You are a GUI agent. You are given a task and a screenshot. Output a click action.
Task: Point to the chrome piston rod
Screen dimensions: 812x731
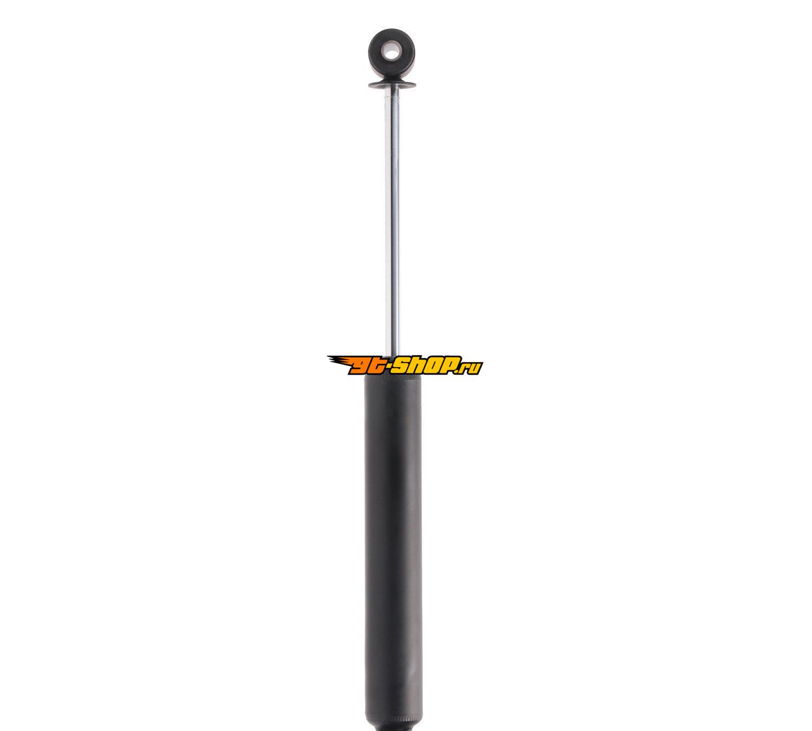pos(391,223)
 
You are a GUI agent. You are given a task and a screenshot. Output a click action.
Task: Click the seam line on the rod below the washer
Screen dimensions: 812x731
pos(391,97)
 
